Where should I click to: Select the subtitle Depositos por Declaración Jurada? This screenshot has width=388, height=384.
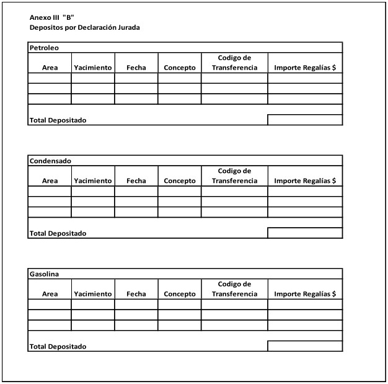coord(84,28)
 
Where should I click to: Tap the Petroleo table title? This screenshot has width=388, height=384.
coord(44,48)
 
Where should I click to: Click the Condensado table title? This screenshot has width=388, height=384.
coord(50,161)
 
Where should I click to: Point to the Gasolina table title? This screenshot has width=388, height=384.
coord(44,274)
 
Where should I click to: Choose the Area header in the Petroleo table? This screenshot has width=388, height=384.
coord(50,68)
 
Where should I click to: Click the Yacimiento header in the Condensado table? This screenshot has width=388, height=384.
coord(93,181)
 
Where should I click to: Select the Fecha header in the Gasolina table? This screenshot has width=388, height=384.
coord(136,293)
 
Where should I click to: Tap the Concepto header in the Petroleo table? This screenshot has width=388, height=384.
coord(180,68)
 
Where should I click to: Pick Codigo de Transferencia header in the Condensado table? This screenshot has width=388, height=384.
coord(234,176)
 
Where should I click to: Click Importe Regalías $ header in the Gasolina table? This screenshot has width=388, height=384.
coord(305,293)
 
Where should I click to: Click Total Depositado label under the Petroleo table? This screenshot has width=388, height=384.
coord(58,120)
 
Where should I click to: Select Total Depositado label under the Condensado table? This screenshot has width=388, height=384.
coord(58,233)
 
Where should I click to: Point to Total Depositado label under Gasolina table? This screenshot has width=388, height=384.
coord(58,346)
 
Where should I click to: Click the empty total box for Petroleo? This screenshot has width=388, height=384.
coord(305,120)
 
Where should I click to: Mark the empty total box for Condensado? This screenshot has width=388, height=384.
coord(305,233)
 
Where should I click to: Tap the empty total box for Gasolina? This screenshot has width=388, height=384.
coord(305,346)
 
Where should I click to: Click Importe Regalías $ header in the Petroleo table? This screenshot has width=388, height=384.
coord(305,68)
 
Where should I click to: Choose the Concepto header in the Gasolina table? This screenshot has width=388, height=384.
coord(180,293)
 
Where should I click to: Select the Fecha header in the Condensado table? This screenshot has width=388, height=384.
coord(136,181)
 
